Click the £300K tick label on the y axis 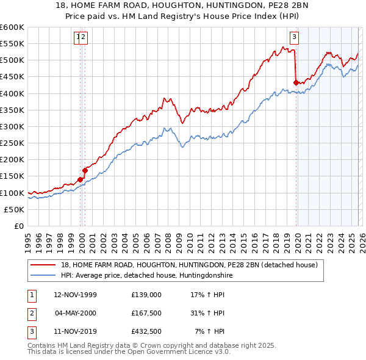pos(12,126)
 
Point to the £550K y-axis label pos(12,44)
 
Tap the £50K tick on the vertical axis pos(14,209)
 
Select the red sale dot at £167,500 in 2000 pos(85,170)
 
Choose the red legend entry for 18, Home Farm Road pos(189,265)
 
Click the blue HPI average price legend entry pos(146,276)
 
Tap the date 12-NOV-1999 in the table pos(75,294)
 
